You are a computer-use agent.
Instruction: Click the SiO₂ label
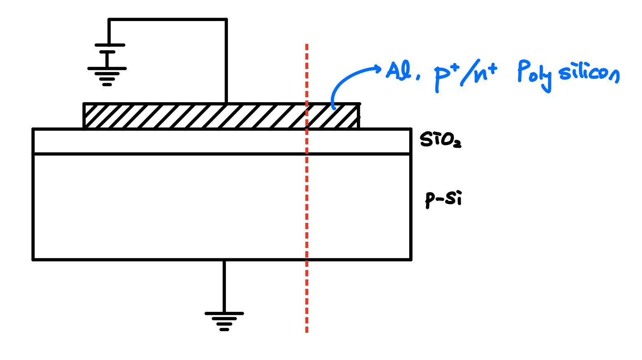click(440, 140)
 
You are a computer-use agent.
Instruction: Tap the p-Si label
click(443, 199)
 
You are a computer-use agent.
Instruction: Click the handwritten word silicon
click(589, 74)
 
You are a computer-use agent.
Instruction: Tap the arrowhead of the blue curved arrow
click(377, 69)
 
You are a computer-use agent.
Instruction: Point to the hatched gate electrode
click(185, 116)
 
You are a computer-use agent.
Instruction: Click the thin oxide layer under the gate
click(165, 142)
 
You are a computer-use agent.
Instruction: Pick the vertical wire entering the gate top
click(226, 62)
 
